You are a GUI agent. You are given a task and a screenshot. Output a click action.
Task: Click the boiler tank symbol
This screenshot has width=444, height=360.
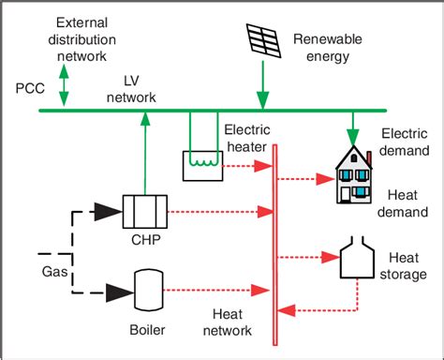(144, 285)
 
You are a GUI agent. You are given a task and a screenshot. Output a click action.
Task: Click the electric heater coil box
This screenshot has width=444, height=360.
(202, 165)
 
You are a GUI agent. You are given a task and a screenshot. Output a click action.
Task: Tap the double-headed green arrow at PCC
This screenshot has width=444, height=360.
(65, 85)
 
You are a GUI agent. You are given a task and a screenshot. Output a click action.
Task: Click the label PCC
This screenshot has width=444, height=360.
(30, 86)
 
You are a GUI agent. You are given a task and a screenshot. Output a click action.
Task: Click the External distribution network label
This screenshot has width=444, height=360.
(81, 37)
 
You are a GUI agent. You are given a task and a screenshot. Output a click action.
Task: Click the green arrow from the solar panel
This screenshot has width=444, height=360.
(261, 84)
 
